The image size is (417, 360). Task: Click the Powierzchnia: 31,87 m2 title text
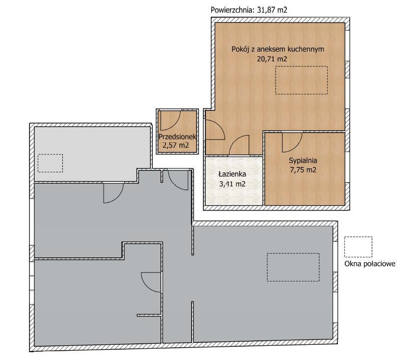pos(249,10)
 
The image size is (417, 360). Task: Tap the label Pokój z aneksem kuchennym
pos(278,49)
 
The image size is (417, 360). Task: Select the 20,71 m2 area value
pos(272,59)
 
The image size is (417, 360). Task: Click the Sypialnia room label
pos(303,161)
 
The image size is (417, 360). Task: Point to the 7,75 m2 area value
pos(303,170)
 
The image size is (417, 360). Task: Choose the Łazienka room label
pos(232,174)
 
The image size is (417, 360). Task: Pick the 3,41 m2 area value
pos(232,184)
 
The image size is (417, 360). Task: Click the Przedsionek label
pos(177,137)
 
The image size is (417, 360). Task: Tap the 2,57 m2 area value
pos(175,145)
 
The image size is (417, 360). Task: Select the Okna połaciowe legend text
pos(370,264)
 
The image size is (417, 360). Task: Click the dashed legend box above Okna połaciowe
pos(358,247)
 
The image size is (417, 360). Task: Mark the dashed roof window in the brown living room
pos(301,80)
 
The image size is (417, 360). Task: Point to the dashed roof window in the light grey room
pos(50,163)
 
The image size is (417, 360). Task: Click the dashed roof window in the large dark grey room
pos(293,267)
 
